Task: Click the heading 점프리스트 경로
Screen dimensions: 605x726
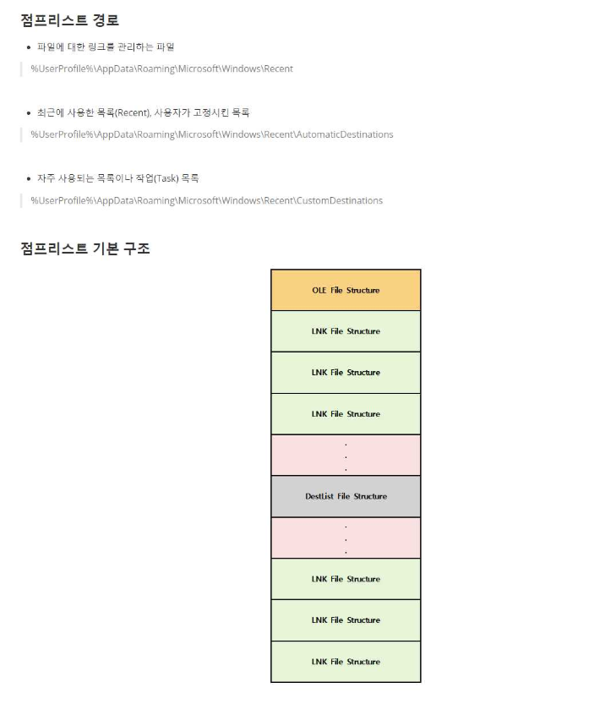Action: (x=69, y=20)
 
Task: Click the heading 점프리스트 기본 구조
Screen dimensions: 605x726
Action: (x=85, y=248)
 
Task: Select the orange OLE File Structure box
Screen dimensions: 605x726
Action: (x=346, y=290)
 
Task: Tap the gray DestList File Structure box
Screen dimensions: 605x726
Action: (x=346, y=496)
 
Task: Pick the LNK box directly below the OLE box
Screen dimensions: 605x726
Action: (x=346, y=331)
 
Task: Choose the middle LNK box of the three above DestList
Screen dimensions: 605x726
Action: (x=346, y=373)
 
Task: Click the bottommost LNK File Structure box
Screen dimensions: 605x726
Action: (x=346, y=662)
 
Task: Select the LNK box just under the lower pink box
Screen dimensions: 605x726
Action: (x=346, y=579)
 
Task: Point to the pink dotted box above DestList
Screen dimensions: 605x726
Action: (x=346, y=455)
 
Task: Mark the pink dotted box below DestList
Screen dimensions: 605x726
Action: (x=346, y=538)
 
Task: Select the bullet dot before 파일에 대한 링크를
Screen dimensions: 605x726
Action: (x=29, y=47)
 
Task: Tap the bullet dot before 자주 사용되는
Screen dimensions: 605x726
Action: (x=29, y=178)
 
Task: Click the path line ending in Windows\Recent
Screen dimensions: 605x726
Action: (x=161, y=68)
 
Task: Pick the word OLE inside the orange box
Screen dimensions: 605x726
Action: (x=319, y=290)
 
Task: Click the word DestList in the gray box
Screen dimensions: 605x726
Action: (x=319, y=496)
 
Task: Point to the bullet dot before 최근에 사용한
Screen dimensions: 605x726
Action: (x=29, y=112)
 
